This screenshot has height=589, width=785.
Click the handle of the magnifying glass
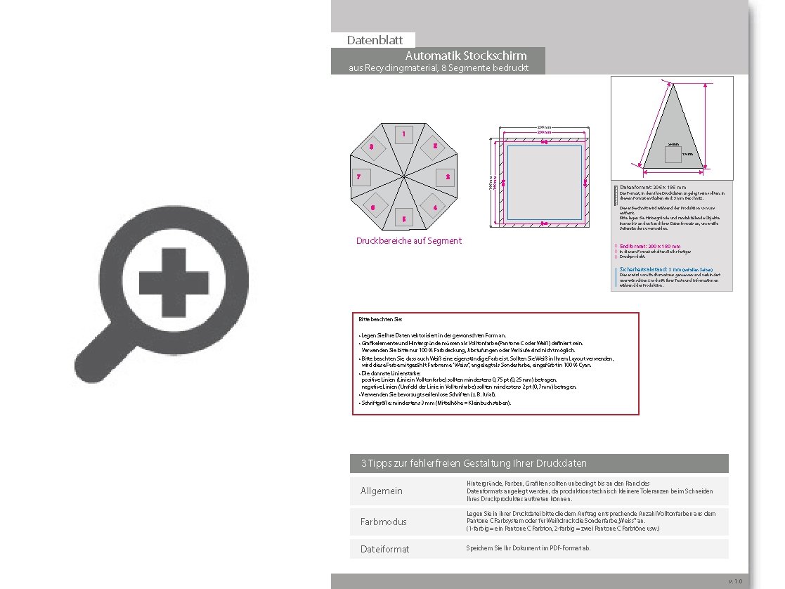(96, 355)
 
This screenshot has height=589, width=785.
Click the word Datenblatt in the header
(375, 40)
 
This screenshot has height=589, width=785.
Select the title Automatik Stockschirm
(465, 56)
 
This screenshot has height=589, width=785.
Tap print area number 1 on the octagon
(403, 134)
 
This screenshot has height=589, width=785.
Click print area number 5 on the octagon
(403, 219)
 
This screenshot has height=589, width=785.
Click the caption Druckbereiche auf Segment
(408, 241)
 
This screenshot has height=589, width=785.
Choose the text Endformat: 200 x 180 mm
(650, 247)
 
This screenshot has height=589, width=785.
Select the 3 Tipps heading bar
(539, 463)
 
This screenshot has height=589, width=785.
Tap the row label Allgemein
(381, 491)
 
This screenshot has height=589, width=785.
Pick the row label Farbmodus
(383, 522)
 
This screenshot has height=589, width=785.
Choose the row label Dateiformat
(384, 549)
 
